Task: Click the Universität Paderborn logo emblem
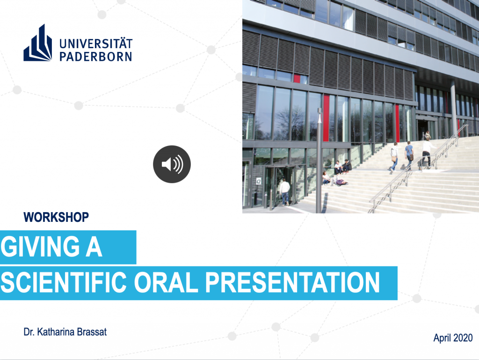pos(37,43)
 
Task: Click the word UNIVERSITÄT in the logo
pos(96,44)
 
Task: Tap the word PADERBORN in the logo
pos(95,57)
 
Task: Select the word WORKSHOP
pos(56,217)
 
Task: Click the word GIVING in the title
pos(40,247)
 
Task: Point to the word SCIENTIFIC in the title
pos(64,282)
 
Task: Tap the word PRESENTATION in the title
pos(292,282)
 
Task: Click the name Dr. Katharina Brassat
pos(65,332)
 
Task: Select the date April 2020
pos(453,338)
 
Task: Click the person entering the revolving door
pos(285,192)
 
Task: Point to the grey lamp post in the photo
pos(319,161)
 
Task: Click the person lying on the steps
pos(341,182)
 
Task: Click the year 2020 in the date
pos(463,338)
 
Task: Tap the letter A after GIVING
pos(94,247)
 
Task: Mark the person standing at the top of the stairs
pos(428,135)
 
